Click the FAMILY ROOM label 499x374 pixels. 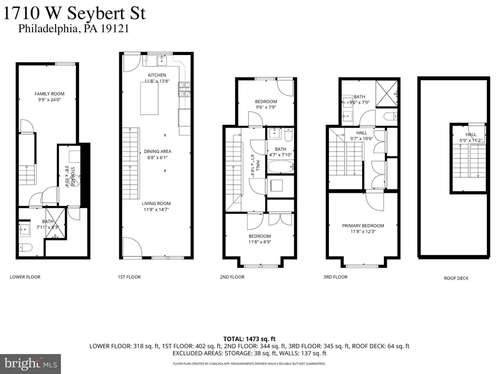coord(49,94)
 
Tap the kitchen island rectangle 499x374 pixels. coord(150,98)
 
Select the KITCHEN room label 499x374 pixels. coord(157,75)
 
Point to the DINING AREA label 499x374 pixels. coord(157,151)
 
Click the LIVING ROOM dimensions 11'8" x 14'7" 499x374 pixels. coord(156,209)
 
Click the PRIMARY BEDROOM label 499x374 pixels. coord(363,225)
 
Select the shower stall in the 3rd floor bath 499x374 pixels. coord(386,93)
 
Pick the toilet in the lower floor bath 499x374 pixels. coord(25,247)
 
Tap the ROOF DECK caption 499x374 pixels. coord(456,278)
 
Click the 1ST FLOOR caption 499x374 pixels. coord(129,277)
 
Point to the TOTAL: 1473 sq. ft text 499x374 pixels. coord(249,339)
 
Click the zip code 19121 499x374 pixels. coord(115,29)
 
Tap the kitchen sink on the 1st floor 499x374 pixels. coord(162,59)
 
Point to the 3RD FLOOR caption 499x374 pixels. coord(335,277)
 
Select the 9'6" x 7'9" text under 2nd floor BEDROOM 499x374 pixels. coord(266,107)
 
